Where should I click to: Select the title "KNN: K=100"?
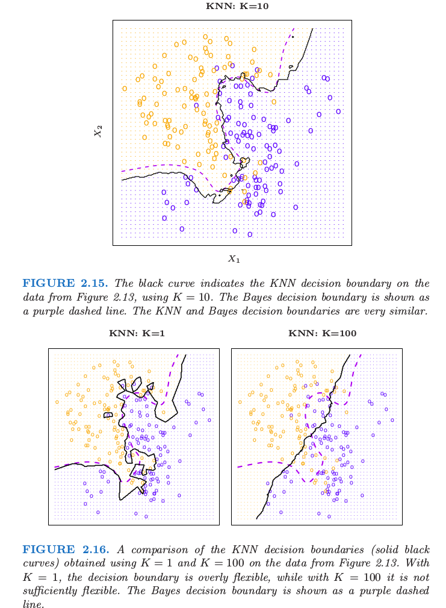pyautogui.click(x=317, y=333)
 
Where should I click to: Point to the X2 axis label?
pyautogui.click(x=98, y=130)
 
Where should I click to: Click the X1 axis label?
pyautogui.click(x=234, y=259)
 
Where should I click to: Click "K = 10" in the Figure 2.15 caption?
pyautogui.click(x=253, y=298)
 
